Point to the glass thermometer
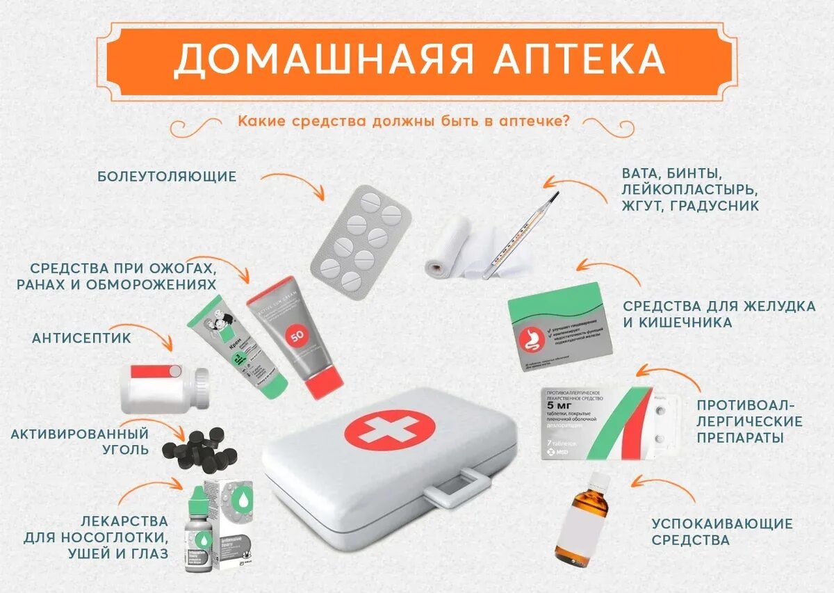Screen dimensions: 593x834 click(521, 236)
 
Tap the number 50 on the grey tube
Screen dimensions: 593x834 click(297, 336)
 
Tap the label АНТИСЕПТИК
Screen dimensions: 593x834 click(81, 338)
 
